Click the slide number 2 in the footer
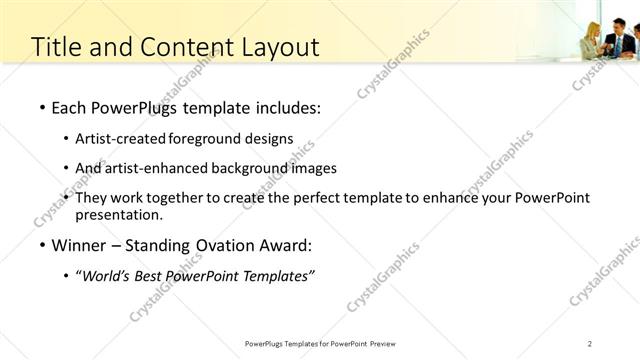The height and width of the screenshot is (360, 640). click(590, 344)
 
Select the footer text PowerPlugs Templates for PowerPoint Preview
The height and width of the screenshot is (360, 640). click(325, 344)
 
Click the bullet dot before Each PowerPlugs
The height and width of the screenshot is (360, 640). click(41, 106)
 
